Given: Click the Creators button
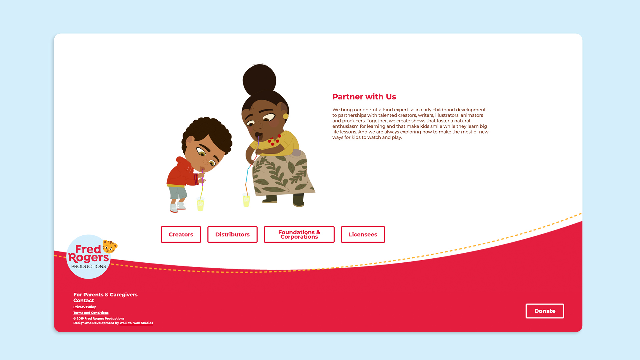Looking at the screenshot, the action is click(181, 234).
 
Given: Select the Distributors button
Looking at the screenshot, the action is click(232, 234).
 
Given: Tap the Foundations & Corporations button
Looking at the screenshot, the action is click(299, 234).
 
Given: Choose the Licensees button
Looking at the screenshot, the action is click(363, 234).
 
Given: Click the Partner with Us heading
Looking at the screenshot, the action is click(364, 97).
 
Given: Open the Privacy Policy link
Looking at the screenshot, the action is click(84, 307).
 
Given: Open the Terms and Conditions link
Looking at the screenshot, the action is click(91, 313).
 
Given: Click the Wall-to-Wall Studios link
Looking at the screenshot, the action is click(136, 323).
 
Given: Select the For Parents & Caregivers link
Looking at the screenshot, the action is click(105, 295).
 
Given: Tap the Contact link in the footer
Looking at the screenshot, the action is click(84, 300).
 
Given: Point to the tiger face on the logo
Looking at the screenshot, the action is click(110, 247).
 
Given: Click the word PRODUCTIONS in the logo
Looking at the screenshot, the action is click(89, 266).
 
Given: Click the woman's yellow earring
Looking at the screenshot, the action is click(285, 116).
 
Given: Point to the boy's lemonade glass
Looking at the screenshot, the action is click(200, 204).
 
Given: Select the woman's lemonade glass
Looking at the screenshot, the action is click(246, 201).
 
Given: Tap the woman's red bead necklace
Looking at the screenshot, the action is click(274, 140).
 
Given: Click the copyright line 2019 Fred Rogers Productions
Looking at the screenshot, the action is click(99, 318).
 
